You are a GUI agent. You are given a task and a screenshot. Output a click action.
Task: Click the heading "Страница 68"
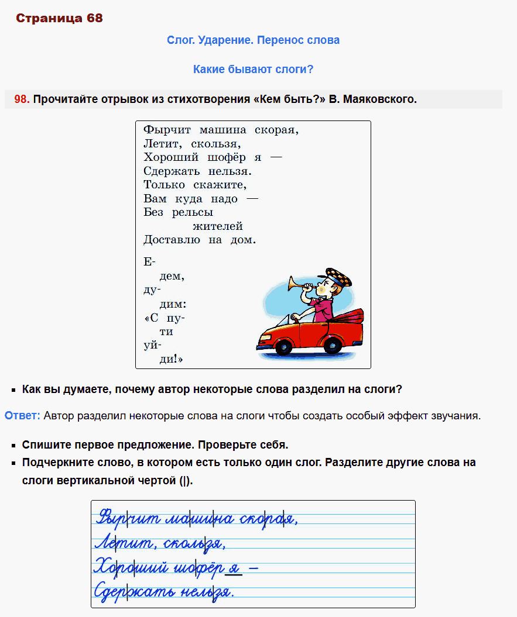59,18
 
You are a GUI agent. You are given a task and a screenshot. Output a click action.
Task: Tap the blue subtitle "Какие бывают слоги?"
253,69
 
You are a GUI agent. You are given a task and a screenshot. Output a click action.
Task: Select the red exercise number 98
22,99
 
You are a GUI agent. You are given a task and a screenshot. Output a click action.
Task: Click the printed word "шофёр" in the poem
227,157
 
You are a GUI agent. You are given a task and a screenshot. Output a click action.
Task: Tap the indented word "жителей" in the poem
217,226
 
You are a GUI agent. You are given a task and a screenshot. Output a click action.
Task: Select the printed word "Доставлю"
171,240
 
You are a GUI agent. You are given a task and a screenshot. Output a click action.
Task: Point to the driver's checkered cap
338,277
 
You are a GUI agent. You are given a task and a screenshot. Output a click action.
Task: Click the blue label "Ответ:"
22,416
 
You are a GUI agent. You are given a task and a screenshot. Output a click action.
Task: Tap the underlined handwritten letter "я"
234,568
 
